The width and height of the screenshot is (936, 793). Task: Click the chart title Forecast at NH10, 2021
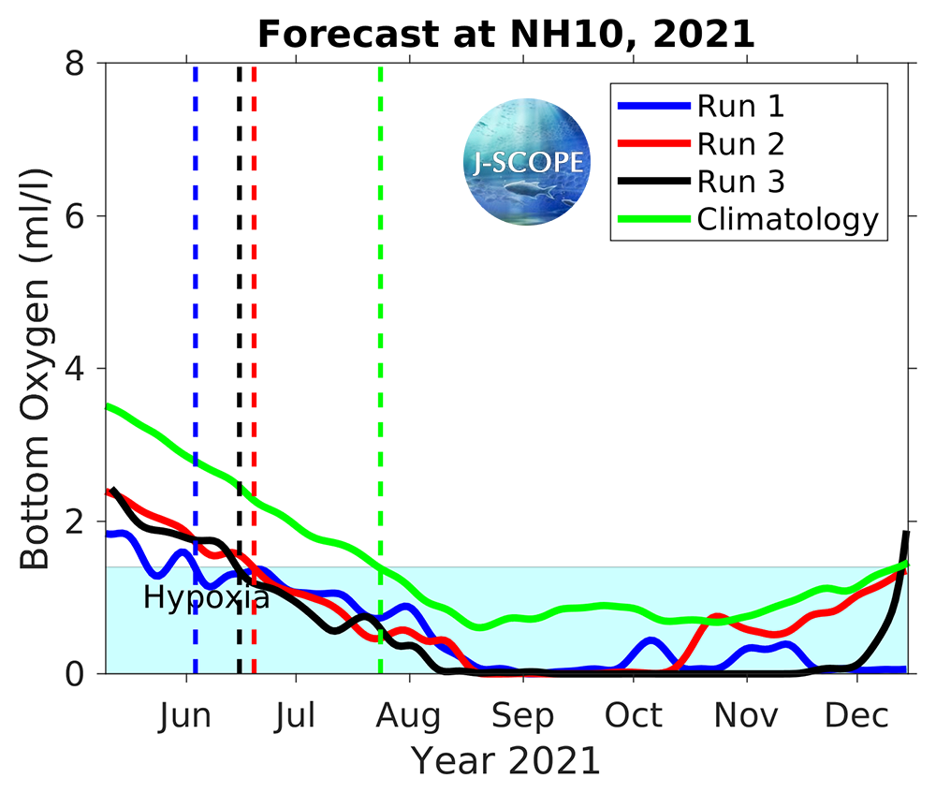click(506, 34)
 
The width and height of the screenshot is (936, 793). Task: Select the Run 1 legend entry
click(739, 106)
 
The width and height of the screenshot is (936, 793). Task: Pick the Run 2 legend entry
click(739, 143)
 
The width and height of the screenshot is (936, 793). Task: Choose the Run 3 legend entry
click(739, 181)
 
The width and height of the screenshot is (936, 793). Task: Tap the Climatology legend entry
click(787, 219)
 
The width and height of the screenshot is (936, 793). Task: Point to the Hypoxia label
click(206, 597)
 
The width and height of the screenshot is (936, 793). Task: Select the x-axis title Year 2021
click(505, 761)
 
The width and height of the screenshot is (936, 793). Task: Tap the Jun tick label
click(185, 716)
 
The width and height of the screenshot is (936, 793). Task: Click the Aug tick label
click(409, 716)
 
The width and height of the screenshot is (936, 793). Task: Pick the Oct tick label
click(634, 716)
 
